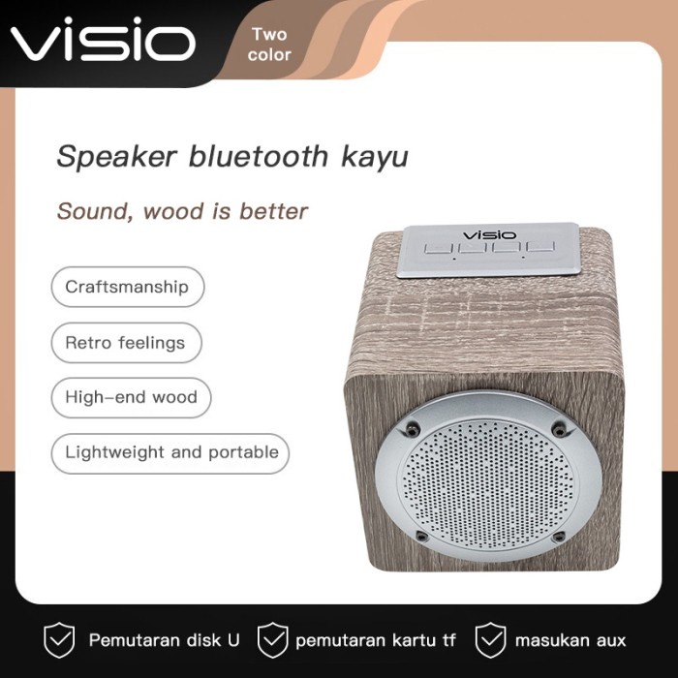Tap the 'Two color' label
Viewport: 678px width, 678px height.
(269, 45)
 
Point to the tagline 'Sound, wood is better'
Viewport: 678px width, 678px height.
(182, 210)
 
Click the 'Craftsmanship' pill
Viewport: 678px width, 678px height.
(127, 287)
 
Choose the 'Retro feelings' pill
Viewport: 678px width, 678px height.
(125, 343)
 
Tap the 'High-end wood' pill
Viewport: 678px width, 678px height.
(131, 397)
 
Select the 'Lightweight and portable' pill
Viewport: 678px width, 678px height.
(171, 452)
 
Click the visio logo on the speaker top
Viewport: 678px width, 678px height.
(490, 234)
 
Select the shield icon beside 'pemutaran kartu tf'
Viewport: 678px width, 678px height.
(273, 639)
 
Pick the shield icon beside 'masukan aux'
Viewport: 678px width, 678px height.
(491, 639)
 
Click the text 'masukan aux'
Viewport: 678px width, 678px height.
(570, 640)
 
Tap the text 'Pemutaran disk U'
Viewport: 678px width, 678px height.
(165, 640)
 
